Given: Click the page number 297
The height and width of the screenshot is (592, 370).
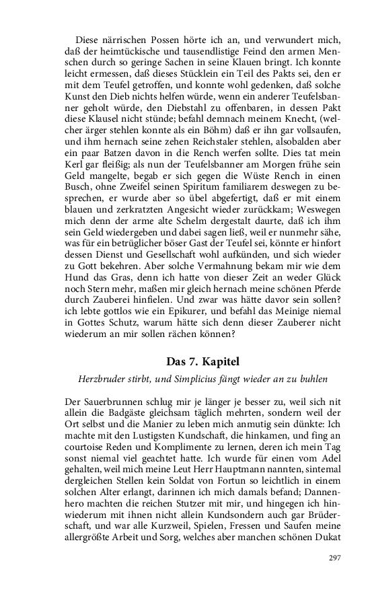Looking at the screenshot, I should point(335,558).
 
